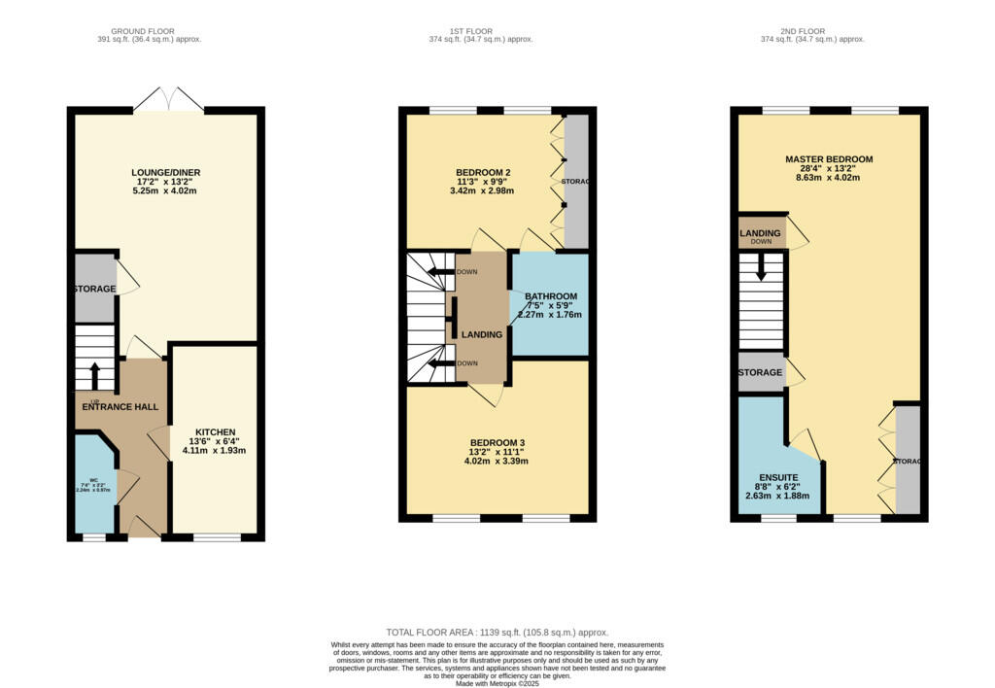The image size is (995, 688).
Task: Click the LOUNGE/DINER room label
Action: pos(166,173)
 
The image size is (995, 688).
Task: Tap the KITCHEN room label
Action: pos(215,432)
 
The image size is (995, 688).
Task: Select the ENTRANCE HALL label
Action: pos(120,406)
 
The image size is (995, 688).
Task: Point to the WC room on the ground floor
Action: pos(94,485)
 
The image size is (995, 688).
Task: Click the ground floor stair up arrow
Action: pos(94,374)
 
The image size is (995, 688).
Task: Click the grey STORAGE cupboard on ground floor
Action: pos(94,289)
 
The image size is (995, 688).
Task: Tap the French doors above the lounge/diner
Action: pos(169,100)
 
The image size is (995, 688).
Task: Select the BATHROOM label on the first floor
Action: pos(550,296)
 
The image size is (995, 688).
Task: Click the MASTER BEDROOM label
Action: pos(829,159)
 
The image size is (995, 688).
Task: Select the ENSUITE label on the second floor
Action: pos(777,477)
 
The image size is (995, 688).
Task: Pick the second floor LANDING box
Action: pos(761,234)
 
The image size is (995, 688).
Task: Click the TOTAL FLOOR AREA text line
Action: pos(497,632)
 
